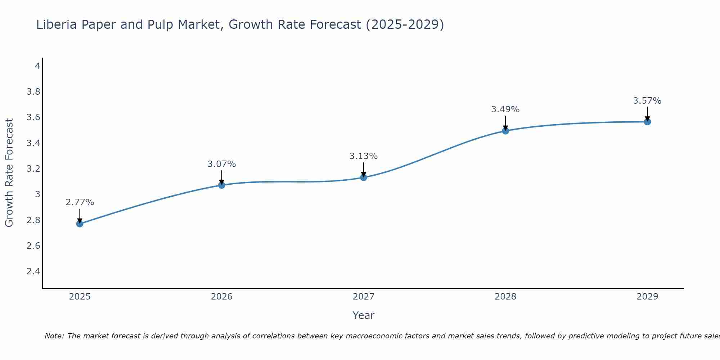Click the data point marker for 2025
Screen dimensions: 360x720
[x=80, y=224]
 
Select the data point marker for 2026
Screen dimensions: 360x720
[x=221, y=185]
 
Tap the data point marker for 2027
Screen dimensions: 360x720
[x=363, y=177]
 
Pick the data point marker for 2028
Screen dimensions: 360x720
[x=505, y=131]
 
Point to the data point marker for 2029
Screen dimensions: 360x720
[x=647, y=122]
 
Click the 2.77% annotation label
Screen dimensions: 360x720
[x=80, y=202]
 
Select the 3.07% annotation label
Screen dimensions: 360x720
[x=221, y=164]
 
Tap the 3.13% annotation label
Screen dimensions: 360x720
[x=363, y=156]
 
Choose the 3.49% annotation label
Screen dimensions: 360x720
[x=505, y=109]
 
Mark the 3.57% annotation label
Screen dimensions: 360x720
[x=647, y=101]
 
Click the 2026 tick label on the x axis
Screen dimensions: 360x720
[x=221, y=297]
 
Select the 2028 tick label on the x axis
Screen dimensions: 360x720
[x=505, y=297]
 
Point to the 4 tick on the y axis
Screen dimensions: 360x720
[x=37, y=66]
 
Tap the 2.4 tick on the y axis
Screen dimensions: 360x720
[x=33, y=271]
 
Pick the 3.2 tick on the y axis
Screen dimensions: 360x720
[x=33, y=169]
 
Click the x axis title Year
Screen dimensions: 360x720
[x=363, y=315]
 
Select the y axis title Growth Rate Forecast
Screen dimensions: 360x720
[x=9, y=173]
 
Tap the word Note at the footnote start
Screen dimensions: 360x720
[x=54, y=336]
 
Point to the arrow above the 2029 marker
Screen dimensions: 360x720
[x=647, y=113]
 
